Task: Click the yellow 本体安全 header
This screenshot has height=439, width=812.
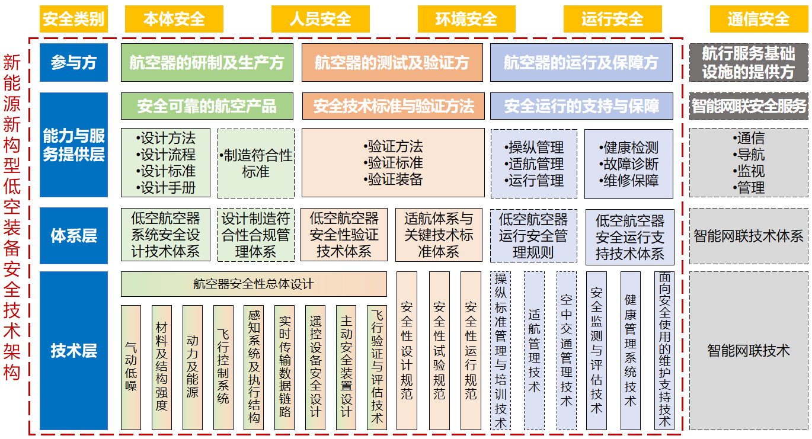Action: pos(174,19)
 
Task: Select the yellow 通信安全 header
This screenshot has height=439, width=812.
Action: pos(759,19)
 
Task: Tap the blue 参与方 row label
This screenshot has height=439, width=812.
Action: pos(73,62)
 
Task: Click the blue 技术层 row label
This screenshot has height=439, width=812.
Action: pos(73,350)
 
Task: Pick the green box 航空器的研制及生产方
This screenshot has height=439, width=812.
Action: pos(207,62)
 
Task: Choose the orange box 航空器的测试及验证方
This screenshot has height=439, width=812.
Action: pos(392,62)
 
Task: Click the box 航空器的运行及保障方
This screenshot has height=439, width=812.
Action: pos(581,62)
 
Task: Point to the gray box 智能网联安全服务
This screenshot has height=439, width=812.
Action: pos(749,106)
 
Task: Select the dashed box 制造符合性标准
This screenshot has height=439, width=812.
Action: pos(256,164)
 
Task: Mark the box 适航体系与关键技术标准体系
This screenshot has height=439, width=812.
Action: pos(439,235)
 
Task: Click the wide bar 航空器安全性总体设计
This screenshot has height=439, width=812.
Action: pos(254,284)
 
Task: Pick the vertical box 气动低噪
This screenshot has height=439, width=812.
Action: pos(131,367)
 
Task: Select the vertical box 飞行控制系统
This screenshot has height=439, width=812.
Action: pos(223,367)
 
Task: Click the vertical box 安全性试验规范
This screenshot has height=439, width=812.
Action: pos(439,350)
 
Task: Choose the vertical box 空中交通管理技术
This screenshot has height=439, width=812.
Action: pos(567,350)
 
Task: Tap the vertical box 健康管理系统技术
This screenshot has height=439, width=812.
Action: pos(631,350)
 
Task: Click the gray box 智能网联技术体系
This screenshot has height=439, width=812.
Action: pos(749,236)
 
